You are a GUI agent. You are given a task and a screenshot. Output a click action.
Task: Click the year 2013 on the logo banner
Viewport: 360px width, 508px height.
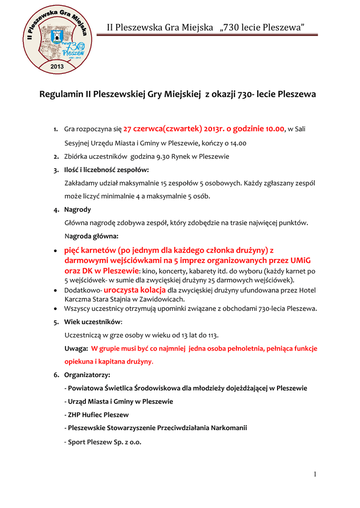click(58, 66)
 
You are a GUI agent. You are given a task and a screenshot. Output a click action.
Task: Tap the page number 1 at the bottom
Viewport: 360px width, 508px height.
click(315, 475)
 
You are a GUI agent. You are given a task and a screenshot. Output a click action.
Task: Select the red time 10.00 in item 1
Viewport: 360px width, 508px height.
click(274, 129)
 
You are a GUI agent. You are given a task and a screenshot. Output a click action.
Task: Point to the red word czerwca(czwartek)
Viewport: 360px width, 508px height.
click(168, 129)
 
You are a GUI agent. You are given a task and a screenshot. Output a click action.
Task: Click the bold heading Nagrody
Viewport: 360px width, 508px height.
click(77, 209)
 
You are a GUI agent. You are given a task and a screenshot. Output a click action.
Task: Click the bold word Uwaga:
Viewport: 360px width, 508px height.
click(76, 348)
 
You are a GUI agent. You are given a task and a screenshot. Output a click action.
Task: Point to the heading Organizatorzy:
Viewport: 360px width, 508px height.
click(87, 375)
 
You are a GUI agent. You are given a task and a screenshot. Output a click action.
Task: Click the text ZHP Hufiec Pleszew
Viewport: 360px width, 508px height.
click(98, 415)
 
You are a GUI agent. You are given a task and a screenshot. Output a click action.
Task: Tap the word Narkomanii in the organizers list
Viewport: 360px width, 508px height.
click(229, 428)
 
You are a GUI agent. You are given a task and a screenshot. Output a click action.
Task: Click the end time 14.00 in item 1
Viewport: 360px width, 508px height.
click(238, 143)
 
